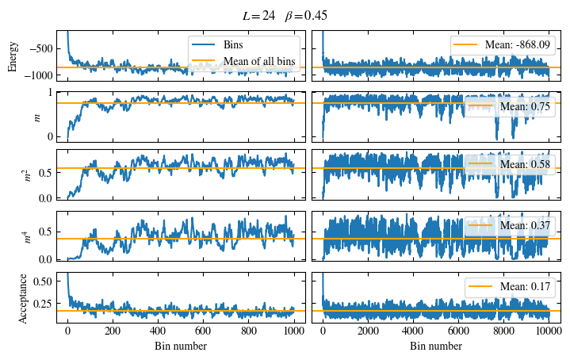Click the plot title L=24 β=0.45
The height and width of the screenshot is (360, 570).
tap(285, 16)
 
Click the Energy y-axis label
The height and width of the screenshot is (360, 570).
tap(12, 56)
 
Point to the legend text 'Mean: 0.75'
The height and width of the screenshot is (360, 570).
tap(524, 105)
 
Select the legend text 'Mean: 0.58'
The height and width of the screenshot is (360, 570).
tap(524, 165)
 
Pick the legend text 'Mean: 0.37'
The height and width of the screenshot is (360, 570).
tap(524, 226)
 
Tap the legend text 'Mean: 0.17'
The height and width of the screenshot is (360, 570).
tap(524, 286)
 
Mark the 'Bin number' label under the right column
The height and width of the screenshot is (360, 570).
tap(436, 347)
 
